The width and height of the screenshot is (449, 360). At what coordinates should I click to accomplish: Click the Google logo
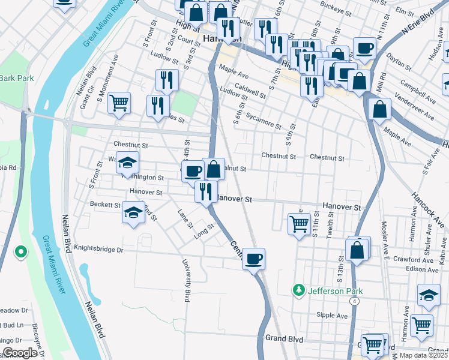click(20, 353)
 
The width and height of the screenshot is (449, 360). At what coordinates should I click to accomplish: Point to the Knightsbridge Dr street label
click(99, 248)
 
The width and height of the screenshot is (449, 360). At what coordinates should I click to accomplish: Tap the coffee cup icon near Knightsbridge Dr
click(254, 259)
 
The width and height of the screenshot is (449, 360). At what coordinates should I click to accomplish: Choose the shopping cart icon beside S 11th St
click(299, 224)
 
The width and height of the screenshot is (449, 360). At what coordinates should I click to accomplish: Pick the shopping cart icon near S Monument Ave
click(119, 103)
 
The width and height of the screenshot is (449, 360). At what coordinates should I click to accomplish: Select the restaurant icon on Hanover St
click(206, 191)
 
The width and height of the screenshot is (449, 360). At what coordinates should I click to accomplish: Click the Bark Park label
click(16, 78)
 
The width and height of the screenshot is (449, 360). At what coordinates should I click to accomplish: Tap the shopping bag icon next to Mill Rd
click(380, 109)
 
